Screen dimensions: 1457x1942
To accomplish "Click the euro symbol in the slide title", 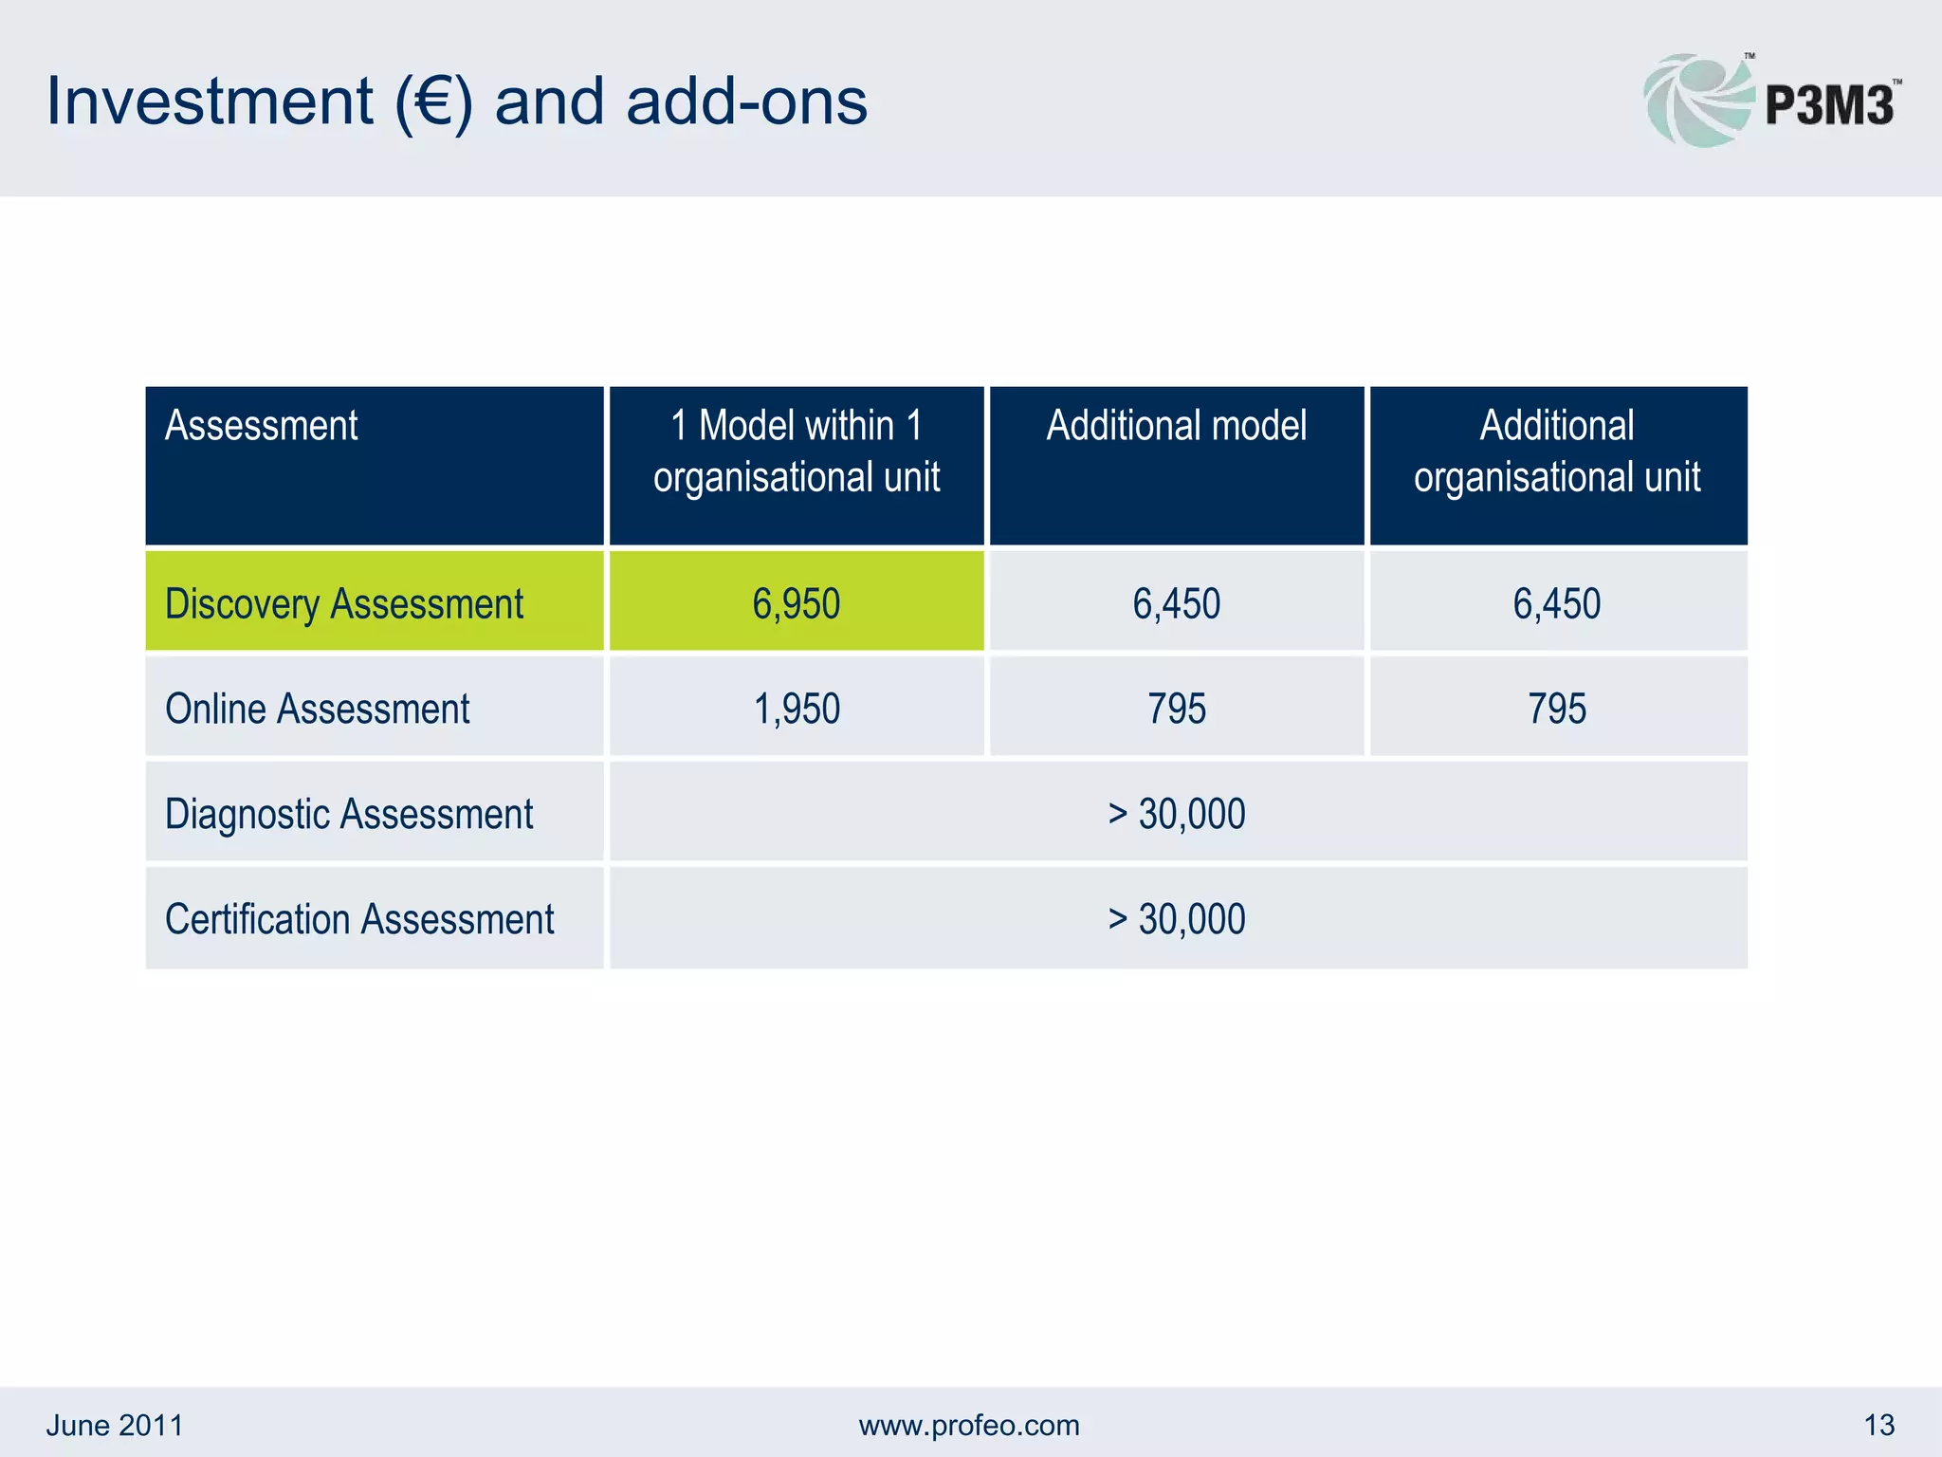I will tap(432, 102).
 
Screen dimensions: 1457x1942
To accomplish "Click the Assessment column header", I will tap(261, 426).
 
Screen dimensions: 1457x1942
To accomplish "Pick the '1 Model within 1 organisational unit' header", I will tap(797, 452).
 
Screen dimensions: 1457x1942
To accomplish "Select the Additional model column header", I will tap(1176, 426).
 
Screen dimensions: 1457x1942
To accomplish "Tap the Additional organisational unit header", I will tap(1557, 452).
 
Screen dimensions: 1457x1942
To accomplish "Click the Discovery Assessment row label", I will tap(343, 604).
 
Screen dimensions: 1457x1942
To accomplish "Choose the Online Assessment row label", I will tap(317, 710).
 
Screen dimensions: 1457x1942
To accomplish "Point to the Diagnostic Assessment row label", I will tap(349, 815).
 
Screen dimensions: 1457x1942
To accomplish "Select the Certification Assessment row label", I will tap(359, 920).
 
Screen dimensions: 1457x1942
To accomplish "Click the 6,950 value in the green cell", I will tap(797, 604).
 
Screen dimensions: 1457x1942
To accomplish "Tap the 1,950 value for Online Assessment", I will tap(797, 710).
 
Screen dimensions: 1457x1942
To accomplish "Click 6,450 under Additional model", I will tap(1176, 604).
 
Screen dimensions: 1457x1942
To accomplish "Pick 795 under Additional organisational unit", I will tap(1557, 710).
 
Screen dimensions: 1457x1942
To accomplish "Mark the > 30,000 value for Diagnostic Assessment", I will tap(1176, 815).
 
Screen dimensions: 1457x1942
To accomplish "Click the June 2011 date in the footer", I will tap(115, 1425).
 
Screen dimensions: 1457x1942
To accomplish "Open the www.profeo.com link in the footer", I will tap(969, 1425).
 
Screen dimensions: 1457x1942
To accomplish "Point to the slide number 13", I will tap(1878, 1425).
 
